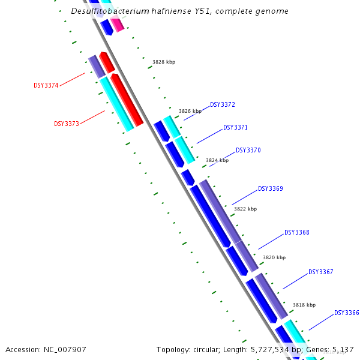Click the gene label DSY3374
click(46, 85)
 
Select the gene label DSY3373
click(66, 124)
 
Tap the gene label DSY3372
click(222, 104)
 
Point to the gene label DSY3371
click(235, 127)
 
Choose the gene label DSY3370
click(248, 150)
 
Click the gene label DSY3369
click(270, 188)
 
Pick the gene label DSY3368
click(296, 232)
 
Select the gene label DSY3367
click(320, 272)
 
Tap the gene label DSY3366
click(346, 313)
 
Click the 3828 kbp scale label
click(163, 62)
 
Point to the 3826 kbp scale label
click(190, 111)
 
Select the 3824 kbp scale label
click(217, 160)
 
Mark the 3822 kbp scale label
click(245, 209)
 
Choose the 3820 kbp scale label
click(274, 257)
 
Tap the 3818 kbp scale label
click(304, 305)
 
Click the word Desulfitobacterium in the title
click(109, 11)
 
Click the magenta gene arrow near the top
click(118, 24)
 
